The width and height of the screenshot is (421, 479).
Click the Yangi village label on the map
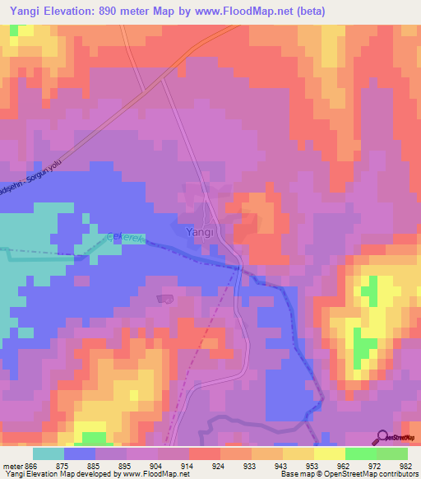(201, 232)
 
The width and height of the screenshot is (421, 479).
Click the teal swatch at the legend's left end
(49, 453)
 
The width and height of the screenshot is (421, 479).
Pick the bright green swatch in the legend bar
(360, 453)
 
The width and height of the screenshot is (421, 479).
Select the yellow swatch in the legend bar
(329, 453)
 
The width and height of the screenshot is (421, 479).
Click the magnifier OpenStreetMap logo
(382, 437)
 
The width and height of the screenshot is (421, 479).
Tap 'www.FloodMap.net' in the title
(250, 12)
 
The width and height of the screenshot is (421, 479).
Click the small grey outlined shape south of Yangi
(165, 299)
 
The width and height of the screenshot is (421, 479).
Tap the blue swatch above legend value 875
(80, 453)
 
